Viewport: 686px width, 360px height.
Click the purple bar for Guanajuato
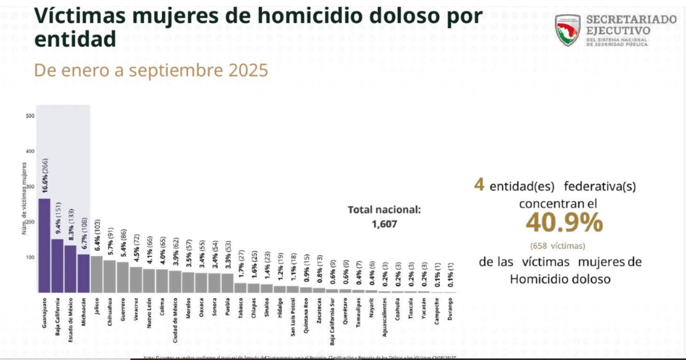(45, 245)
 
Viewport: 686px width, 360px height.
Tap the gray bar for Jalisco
(96, 274)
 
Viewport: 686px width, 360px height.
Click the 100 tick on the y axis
(30, 257)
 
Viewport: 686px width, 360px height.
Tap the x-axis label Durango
(450, 309)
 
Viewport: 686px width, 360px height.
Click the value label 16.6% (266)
(46, 177)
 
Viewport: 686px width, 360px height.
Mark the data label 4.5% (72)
(137, 249)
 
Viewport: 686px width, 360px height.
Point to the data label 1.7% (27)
(241, 265)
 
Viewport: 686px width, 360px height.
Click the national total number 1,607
(385, 224)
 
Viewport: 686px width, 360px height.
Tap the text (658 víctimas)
(558, 245)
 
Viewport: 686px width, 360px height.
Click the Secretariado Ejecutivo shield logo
(567, 30)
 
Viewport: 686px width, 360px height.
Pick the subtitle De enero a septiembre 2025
(151, 70)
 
